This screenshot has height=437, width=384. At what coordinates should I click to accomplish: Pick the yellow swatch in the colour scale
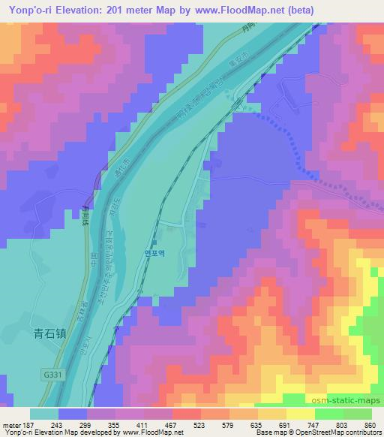301,414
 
